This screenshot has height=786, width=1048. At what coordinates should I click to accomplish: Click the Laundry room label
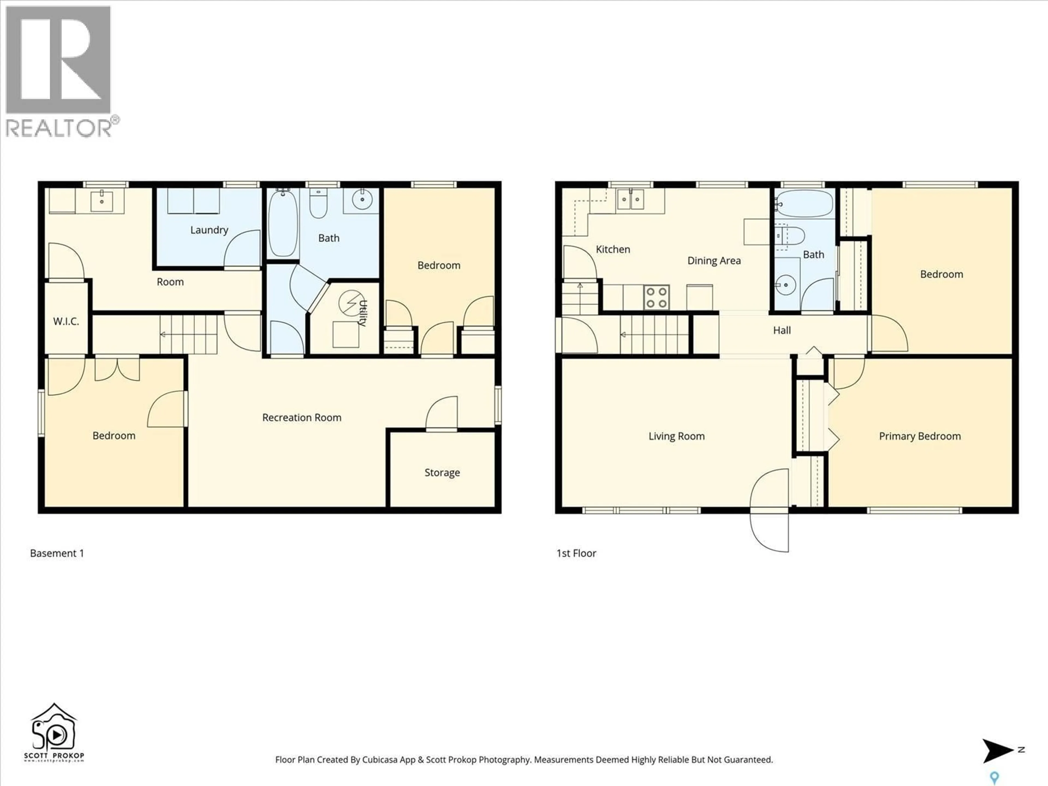click(x=209, y=230)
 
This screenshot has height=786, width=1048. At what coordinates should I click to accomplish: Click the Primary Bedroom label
click(x=920, y=436)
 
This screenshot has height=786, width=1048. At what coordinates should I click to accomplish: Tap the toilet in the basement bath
click(x=318, y=204)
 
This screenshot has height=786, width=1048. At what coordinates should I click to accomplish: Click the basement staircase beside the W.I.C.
click(x=188, y=335)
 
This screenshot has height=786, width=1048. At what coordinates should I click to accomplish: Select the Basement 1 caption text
click(x=57, y=553)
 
